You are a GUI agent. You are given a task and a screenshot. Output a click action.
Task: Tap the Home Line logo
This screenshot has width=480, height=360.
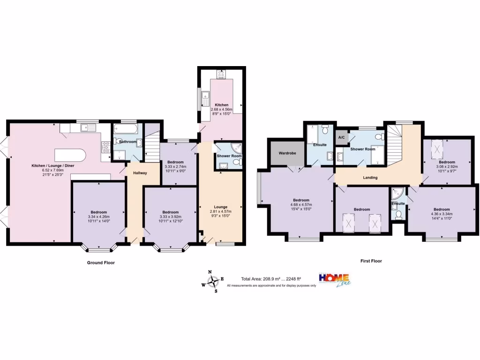(x=335, y=280)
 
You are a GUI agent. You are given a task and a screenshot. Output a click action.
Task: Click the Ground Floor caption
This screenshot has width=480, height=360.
(x=101, y=262)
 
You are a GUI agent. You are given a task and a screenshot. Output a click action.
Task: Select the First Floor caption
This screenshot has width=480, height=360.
(x=371, y=261)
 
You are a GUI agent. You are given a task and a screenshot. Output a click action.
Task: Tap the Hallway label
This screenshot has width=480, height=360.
(x=140, y=173)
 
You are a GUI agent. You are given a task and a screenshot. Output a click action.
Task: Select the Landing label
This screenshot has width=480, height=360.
(x=370, y=178)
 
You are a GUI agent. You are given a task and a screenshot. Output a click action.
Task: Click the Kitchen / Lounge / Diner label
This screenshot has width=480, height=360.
(x=53, y=165)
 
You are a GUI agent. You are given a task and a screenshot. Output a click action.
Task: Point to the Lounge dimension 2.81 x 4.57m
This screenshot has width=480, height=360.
(x=221, y=211)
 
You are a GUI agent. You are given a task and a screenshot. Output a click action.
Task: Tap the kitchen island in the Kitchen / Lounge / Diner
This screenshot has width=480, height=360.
(x=70, y=155)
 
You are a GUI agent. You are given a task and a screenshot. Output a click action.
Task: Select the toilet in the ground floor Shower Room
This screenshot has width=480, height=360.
(x=238, y=162)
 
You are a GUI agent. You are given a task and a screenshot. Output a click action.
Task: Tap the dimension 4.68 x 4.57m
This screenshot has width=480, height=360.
(x=301, y=204)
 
